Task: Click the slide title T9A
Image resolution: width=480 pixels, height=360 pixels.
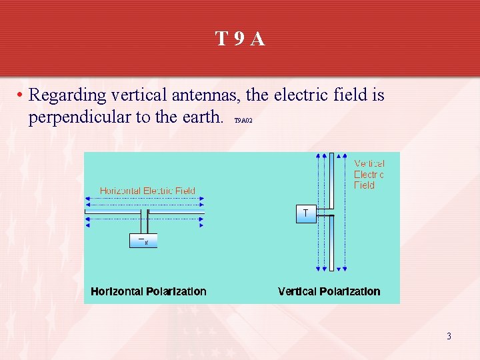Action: (240, 39)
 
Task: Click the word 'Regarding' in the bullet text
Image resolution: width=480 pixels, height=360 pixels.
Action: (67, 96)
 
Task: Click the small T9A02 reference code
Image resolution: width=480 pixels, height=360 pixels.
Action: (243, 121)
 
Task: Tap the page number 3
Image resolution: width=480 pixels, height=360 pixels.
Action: (449, 336)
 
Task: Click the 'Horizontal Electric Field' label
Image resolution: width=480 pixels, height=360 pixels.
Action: (147, 191)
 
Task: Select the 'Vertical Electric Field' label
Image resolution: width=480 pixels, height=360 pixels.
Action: (369, 175)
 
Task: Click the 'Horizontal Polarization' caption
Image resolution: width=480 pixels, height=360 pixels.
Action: (149, 291)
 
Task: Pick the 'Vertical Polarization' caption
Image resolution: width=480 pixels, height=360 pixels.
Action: (329, 291)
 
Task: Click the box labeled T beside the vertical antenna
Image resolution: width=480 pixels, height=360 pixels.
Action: (305, 214)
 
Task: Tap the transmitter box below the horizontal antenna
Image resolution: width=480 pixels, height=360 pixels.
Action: (143, 241)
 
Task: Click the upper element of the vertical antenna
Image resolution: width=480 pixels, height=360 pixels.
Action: (331, 182)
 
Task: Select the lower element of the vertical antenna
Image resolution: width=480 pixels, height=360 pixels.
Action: (331, 244)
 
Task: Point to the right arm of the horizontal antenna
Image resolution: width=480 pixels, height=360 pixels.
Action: (175, 213)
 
